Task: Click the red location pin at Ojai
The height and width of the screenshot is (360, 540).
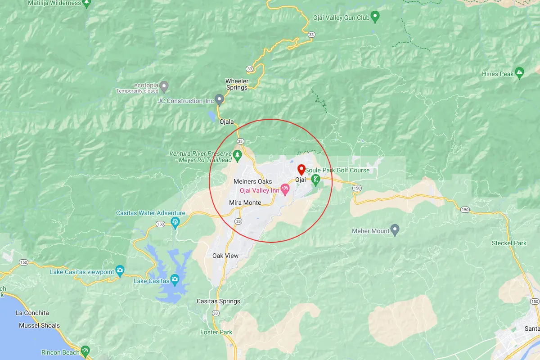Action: coord(301,170)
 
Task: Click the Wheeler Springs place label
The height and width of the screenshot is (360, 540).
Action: coord(237,84)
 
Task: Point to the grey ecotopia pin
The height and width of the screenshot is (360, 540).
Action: coord(165,85)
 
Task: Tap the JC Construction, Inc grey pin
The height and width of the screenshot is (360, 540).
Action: coord(220,99)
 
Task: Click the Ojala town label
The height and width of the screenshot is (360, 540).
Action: coord(227,121)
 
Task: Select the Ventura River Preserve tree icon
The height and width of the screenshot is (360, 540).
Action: coord(238,156)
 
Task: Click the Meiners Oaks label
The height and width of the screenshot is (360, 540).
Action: coord(252,181)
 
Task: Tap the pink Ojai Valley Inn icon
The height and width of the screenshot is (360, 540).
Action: coord(285,189)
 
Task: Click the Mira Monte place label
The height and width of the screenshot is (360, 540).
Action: coord(245,202)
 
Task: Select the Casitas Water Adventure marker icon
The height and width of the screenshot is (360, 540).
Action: coord(175,221)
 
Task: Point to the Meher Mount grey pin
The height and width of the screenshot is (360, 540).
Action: coord(395,230)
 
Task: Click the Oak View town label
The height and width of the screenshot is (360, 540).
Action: coord(225,256)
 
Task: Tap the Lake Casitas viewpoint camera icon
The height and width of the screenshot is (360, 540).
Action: coord(120,270)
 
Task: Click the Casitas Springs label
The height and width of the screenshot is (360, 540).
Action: coord(218,301)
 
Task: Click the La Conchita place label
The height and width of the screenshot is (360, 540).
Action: coord(32,313)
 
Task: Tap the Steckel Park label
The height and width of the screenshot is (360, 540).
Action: coord(509,243)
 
